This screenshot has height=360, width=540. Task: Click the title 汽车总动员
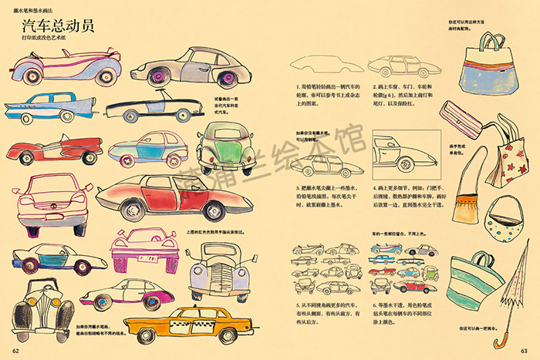tap(58, 26)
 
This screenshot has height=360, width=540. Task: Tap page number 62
tap(15, 352)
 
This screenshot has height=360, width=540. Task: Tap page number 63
tap(524, 352)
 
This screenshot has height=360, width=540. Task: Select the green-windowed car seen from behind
tap(224, 146)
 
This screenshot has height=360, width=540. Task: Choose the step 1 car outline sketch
tap(319, 64)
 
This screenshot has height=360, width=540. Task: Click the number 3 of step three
tap(297, 187)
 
